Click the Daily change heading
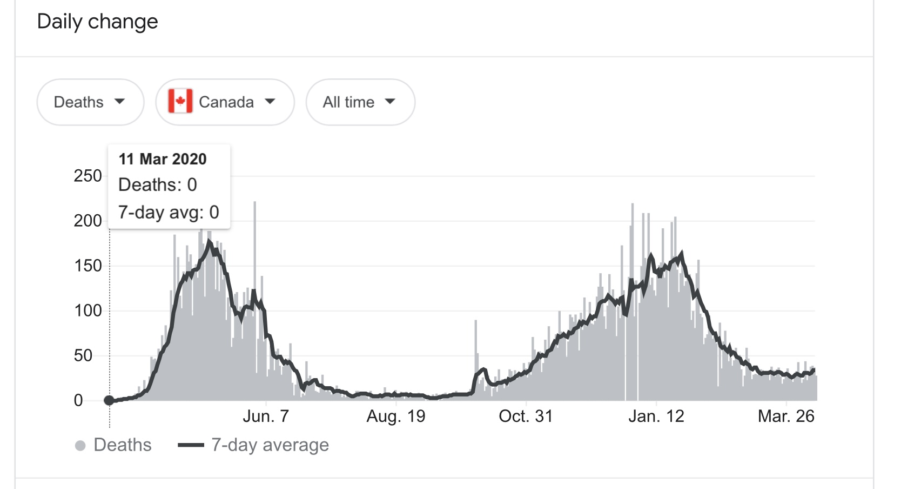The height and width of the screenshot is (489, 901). (97, 22)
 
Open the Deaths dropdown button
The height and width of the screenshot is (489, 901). (90, 102)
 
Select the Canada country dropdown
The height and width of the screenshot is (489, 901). (225, 102)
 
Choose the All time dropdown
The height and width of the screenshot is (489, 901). (360, 102)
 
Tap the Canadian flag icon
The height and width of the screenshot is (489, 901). (180, 102)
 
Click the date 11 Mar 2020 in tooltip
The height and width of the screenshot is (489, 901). (163, 159)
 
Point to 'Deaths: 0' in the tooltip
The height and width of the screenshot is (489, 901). (158, 185)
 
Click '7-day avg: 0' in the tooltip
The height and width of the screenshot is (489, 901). (169, 212)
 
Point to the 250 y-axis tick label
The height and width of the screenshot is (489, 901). (88, 176)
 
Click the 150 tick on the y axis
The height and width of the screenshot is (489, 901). (88, 266)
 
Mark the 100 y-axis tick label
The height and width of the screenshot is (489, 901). (88, 310)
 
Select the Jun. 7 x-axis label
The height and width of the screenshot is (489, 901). (266, 416)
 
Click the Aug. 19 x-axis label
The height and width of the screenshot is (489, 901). (396, 416)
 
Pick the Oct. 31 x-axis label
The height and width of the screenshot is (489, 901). (526, 416)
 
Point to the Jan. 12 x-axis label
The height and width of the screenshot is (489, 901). (656, 416)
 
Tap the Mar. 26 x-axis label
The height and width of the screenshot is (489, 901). (786, 416)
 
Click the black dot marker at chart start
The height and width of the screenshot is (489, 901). (109, 400)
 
